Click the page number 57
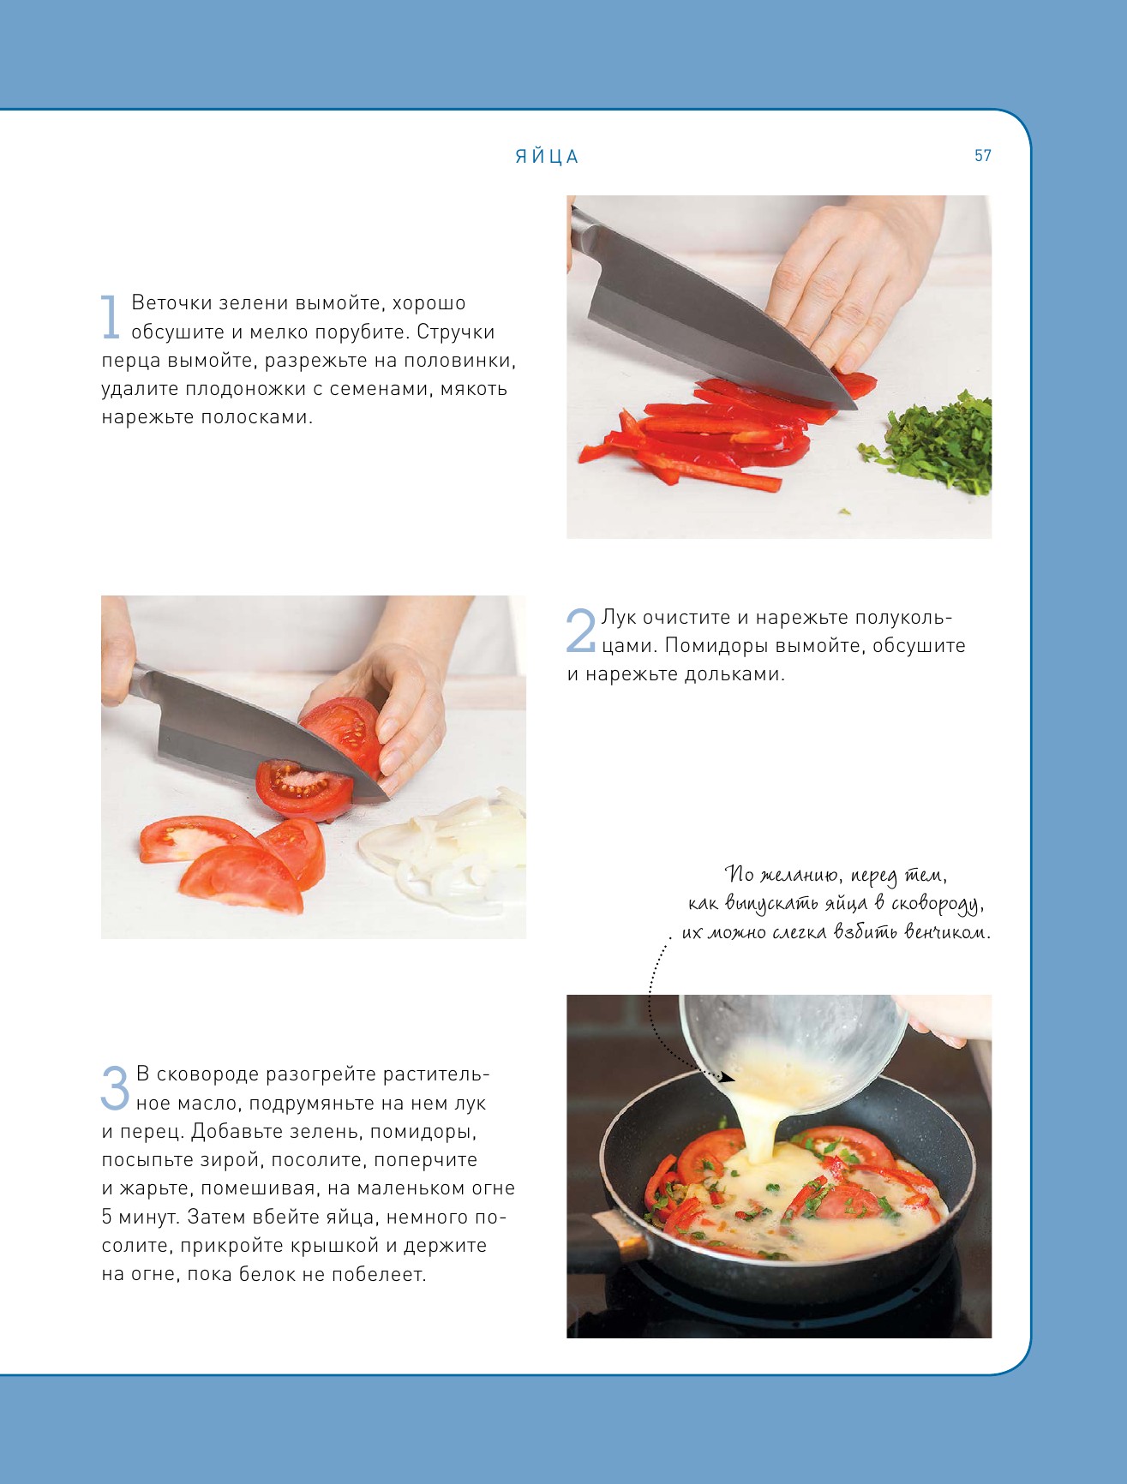982,155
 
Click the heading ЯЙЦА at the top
547,156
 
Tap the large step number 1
110,317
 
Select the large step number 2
581,631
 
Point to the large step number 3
116,1088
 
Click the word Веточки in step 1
171,302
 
